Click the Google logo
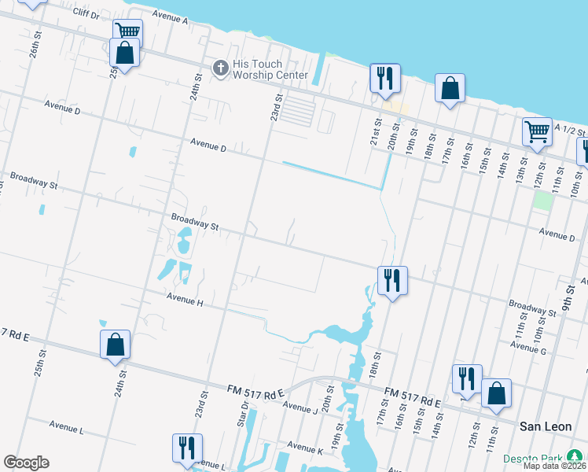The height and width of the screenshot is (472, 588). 26,463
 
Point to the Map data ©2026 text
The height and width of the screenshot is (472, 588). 555,466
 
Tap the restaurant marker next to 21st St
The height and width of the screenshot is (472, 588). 385,77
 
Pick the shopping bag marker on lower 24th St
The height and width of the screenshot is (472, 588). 115,344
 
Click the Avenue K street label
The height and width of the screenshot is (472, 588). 305,446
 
